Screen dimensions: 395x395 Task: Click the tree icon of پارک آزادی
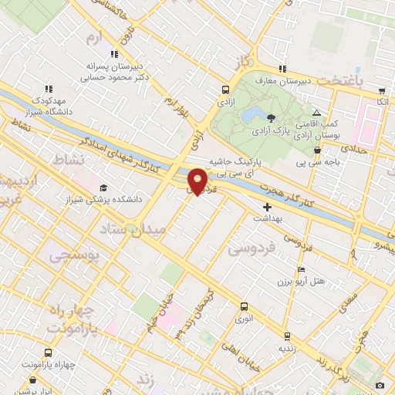pos(271,117)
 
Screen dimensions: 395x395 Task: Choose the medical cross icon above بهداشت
pos(268,207)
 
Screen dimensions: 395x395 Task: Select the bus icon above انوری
pos(245,306)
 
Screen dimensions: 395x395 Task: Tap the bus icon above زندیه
pos(288,336)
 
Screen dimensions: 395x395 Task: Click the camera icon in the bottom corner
pos(380,385)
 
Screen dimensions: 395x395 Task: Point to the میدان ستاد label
pos(160,228)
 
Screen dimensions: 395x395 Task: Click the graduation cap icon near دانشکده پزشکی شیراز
pos(103,187)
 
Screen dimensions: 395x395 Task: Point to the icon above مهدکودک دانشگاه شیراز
pos(49,89)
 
